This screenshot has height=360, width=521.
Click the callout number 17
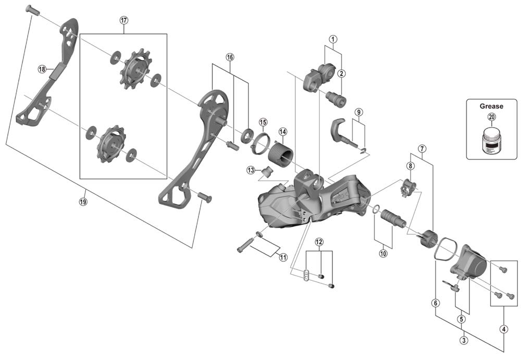123,20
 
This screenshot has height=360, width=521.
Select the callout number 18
42,69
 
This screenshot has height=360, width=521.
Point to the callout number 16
230,57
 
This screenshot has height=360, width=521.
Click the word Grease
491,106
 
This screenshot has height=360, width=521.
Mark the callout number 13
251,170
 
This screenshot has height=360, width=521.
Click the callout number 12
319,242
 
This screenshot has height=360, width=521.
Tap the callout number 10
383,254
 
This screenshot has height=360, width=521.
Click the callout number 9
358,112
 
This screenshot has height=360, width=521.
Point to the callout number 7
421,148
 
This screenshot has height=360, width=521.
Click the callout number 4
503,329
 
